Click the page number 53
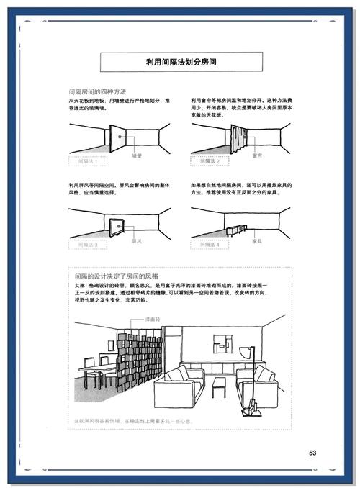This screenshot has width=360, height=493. click(x=312, y=453)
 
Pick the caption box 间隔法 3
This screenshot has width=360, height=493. click(x=92, y=245)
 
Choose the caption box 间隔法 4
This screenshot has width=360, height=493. click(x=215, y=245)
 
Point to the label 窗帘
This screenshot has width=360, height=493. click(x=257, y=155)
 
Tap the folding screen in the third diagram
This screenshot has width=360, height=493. click(x=115, y=227)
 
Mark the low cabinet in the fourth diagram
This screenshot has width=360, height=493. click(x=235, y=230)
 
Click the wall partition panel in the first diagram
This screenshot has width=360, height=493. click(x=117, y=137)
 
